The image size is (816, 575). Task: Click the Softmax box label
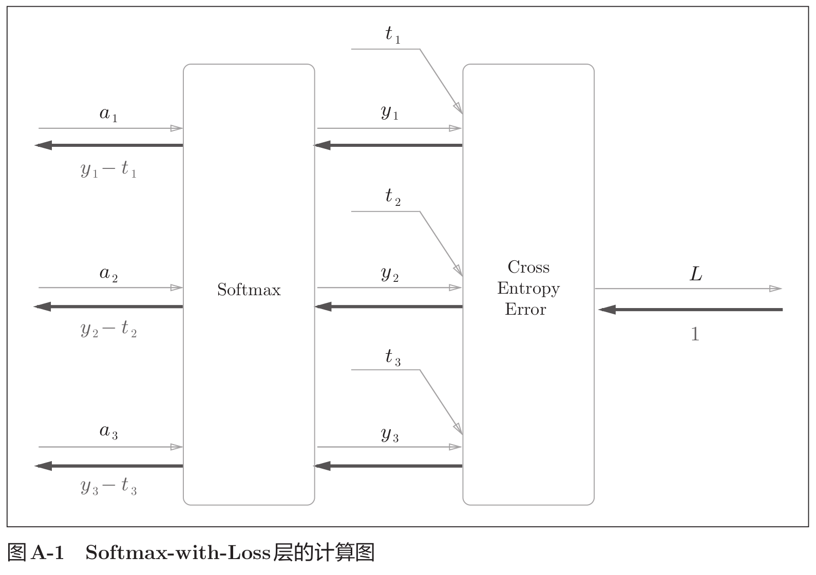coord(249,290)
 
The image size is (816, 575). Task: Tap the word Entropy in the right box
coord(528,289)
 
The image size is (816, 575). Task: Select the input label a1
coord(108,113)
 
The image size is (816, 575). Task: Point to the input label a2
coord(108,274)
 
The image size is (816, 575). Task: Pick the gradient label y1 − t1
coord(108,169)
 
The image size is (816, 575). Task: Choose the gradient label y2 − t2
coord(108,329)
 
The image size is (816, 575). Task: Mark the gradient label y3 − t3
coord(108,486)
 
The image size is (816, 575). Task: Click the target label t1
coord(393,35)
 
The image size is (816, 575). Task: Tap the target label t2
coord(393,197)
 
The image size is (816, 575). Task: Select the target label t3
coord(393,357)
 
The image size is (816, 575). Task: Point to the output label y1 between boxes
coord(390,112)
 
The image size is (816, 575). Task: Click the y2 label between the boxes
coord(390,274)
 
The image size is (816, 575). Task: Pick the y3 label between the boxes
coord(390,434)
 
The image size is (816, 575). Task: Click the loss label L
coord(695,274)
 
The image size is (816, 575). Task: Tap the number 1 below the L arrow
coord(695,335)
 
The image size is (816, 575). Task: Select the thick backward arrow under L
coord(690,310)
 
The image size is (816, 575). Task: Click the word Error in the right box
coord(525,310)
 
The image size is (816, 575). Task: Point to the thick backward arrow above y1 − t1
coord(108,145)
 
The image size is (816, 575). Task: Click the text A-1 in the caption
coord(48,553)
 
